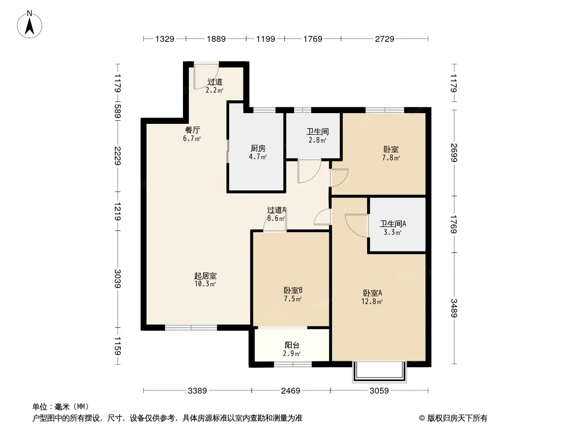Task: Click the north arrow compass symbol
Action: point(30,25)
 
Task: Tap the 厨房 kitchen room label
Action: point(258,149)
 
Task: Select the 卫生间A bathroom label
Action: point(393,224)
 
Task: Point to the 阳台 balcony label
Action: point(292,345)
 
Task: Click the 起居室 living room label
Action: point(206,276)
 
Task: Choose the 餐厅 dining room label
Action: point(192,130)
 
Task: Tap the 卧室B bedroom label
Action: point(293,291)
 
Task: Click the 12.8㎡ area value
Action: point(372,301)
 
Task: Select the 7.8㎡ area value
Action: point(391,158)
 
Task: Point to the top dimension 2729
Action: point(385,39)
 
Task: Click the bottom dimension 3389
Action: point(197,391)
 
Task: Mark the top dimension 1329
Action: point(165,39)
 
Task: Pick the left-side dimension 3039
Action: point(118,278)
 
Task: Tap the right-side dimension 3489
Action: point(454,308)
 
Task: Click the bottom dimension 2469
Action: point(291,391)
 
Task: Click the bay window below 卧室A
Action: point(379,372)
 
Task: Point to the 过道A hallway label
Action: point(276,210)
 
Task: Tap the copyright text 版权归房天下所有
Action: point(457,418)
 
